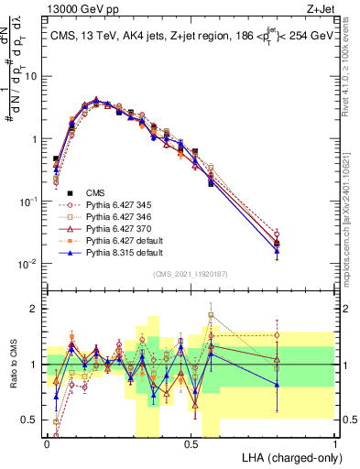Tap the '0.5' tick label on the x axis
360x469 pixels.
click(191, 443)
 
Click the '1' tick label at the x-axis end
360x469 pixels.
click(334, 443)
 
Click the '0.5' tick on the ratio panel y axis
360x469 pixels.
click(29, 420)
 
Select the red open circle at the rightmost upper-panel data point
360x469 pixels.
click(277, 234)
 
